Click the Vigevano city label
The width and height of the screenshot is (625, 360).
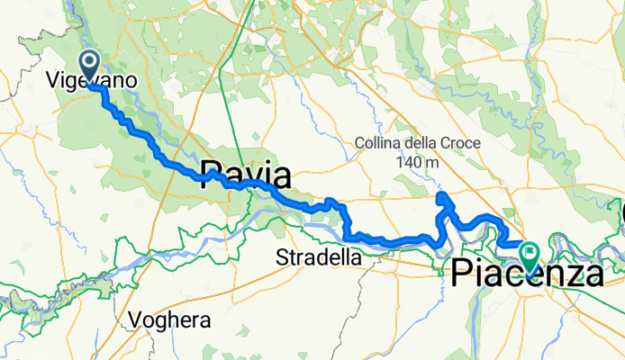[91, 81]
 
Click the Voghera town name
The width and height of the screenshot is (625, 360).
[170, 319]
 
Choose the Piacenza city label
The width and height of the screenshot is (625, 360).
[527, 272]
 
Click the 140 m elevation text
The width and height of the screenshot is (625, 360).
[417, 162]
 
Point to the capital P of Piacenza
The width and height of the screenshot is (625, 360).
[461, 272]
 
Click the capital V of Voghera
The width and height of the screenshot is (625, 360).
[135, 319]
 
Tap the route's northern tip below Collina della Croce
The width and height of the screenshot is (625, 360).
[440, 195]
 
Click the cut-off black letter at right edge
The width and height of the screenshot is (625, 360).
[621, 214]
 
